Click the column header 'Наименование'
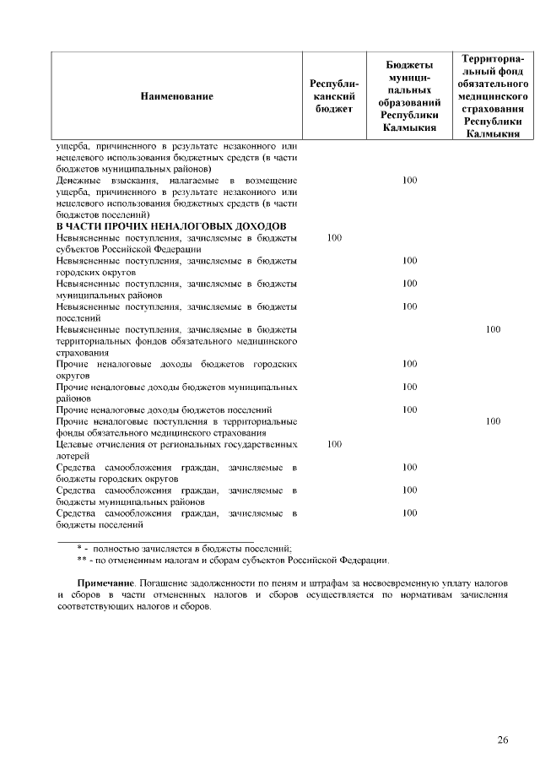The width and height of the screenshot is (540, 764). point(177,96)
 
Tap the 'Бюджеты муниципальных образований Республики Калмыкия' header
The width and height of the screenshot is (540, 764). point(409,96)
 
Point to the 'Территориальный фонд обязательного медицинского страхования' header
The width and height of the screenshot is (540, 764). point(493,96)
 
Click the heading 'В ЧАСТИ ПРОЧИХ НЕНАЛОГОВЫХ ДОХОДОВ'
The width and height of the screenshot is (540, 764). point(171,226)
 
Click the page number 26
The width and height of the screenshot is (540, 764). point(503,740)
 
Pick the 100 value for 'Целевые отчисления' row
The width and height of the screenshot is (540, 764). point(333,443)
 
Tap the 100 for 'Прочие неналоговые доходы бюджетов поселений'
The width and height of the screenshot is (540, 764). point(409,409)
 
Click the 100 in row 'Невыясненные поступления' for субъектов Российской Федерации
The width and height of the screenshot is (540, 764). point(333,238)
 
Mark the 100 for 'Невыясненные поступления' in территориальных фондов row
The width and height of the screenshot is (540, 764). point(493,329)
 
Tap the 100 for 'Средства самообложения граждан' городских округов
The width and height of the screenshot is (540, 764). point(409,466)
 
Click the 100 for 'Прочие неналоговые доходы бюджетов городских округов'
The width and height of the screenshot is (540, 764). point(409,364)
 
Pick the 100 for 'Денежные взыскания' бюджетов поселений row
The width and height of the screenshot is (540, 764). point(409,181)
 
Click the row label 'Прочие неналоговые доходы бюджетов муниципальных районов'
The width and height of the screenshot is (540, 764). point(175,392)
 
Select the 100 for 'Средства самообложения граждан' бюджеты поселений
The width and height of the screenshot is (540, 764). point(409,512)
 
